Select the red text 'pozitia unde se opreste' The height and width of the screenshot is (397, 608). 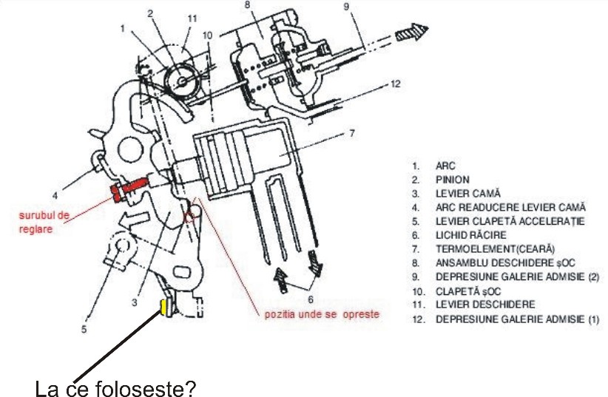coord(322,313)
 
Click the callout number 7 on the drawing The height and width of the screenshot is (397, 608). coord(351,133)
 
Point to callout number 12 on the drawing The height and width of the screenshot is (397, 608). coord(396,84)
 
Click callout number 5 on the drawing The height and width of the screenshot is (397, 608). coord(84,329)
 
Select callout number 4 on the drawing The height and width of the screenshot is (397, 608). coord(55,196)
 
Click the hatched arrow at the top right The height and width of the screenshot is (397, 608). coord(411,32)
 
